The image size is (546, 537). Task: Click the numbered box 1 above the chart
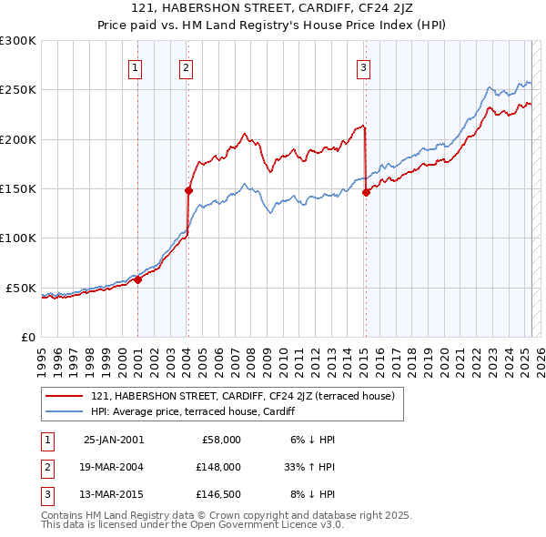pyautogui.click(x=135, y=66)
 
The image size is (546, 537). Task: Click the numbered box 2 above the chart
pyautogui.click(x=185, y=66)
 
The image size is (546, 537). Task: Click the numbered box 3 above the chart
pyautogui.click(x=363, y=66)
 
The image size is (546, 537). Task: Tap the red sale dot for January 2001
pyautogui.click(x=138, y=279)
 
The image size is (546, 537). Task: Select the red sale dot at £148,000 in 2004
pyautogui.click(x=188, y=190)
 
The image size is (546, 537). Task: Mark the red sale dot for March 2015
pyautogui.click(x=366, y=192)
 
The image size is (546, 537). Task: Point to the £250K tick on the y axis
pyautogui.click(x=20, y=90)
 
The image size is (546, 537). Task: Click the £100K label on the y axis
pyautogui.click(x=20, y=238)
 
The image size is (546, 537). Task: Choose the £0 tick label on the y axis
pyautogui.click(x=27, y=337)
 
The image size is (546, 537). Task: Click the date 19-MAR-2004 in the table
pyautogui.click(x=114, y=466)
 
